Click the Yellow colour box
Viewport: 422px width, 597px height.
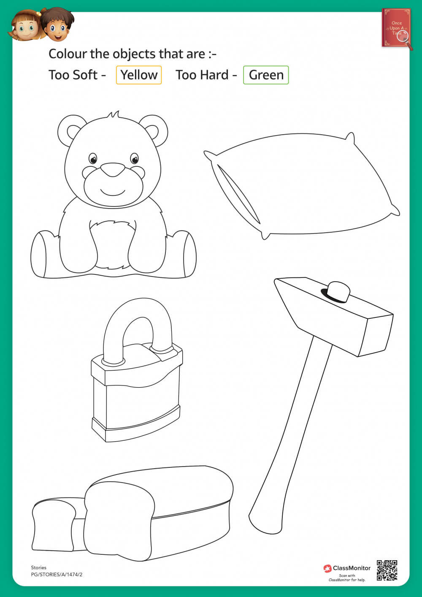click(x=139, y=75)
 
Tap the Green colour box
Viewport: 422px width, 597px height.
click(x=266, y=75)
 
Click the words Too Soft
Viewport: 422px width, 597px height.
click(x=73, y=75)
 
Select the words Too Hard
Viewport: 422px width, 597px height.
click(x=202, y=75)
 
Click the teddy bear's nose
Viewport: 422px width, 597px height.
click(x=113, y=170)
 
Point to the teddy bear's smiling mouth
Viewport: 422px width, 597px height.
click(x=113, y=193)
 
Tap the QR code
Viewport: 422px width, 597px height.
click(x=387, y=570)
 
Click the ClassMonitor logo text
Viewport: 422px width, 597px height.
click(x=352, y=568)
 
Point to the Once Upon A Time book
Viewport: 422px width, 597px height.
click(x=396, y=28)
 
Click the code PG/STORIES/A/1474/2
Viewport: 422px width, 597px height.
click(x=57, y=575)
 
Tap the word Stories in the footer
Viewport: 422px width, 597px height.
click(x=38, y=567)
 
